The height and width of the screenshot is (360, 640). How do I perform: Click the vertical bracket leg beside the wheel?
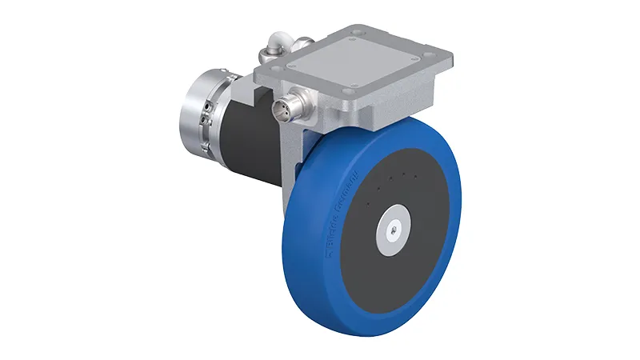click(294, 160)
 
